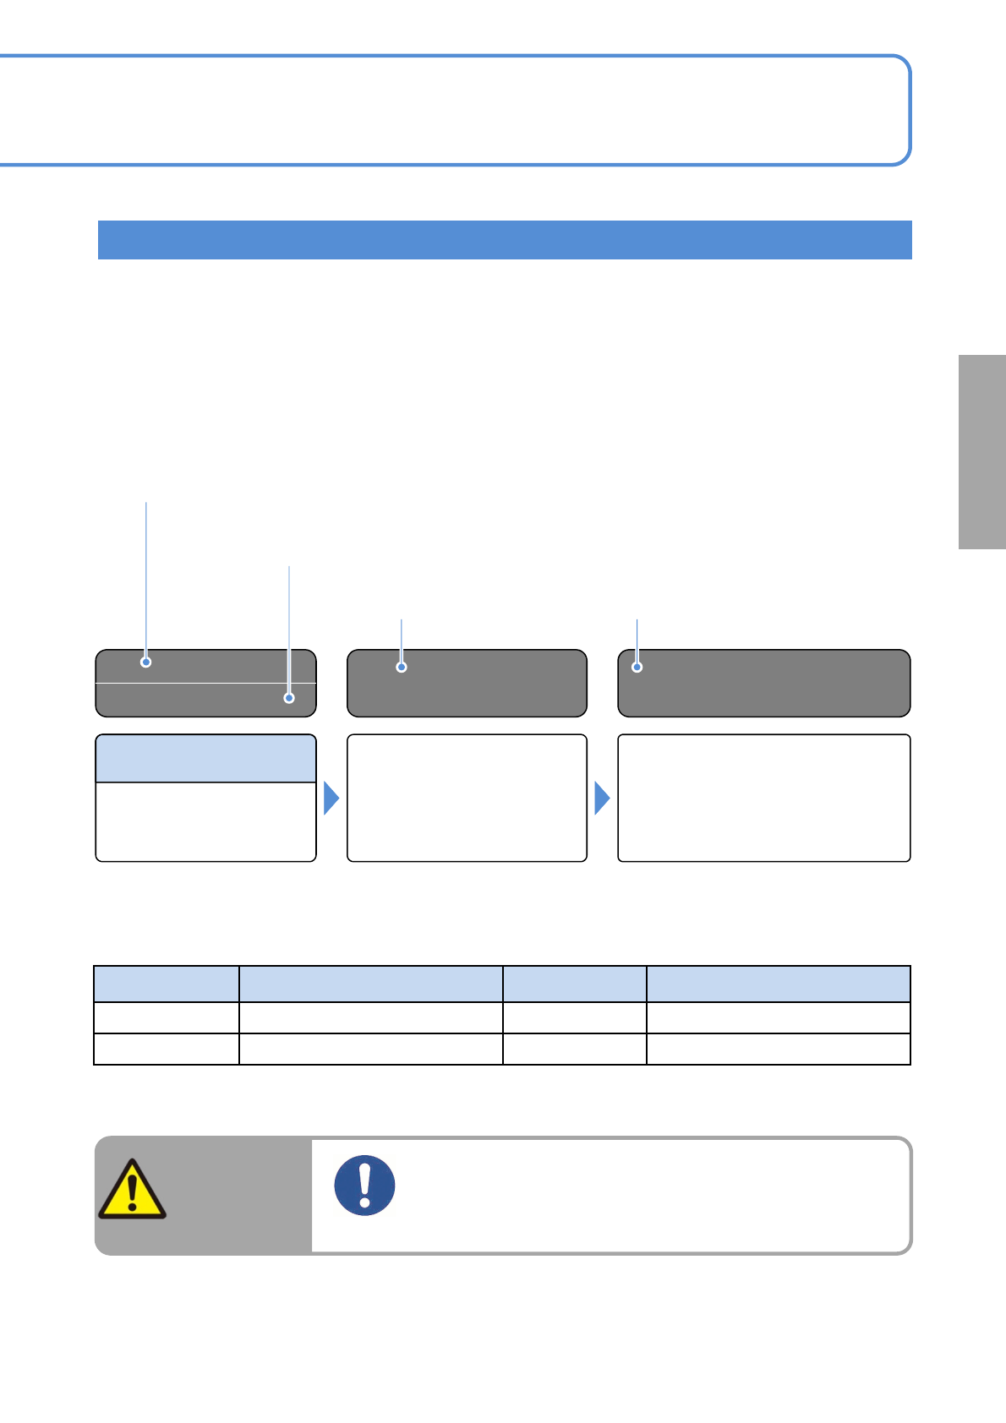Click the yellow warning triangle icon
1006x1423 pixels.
click(132, 1190)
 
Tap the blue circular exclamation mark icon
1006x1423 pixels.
click(364, 1185)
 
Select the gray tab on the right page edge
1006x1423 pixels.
click(981, 452)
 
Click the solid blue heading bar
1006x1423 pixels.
click(505, 240)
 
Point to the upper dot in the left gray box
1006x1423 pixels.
click(146, 662)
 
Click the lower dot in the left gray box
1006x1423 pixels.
click(289, 698)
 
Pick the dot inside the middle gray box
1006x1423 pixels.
click(402, 667)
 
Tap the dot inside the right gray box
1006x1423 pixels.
click(637, 667)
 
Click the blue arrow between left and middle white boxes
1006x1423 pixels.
click(331, 798)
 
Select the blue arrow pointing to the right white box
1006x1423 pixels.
click(602, 798)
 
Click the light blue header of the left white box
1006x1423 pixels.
click(206, 759)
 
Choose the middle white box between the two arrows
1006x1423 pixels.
click(467, 798)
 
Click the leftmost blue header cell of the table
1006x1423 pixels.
click(167, 984)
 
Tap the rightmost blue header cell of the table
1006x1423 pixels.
click(778, 984)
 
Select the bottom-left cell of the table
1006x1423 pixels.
click(167, 1049)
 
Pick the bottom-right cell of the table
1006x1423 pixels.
click(778, 1049)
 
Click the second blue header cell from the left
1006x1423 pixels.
click(370, 984)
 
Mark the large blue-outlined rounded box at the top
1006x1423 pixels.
click(457, 110)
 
